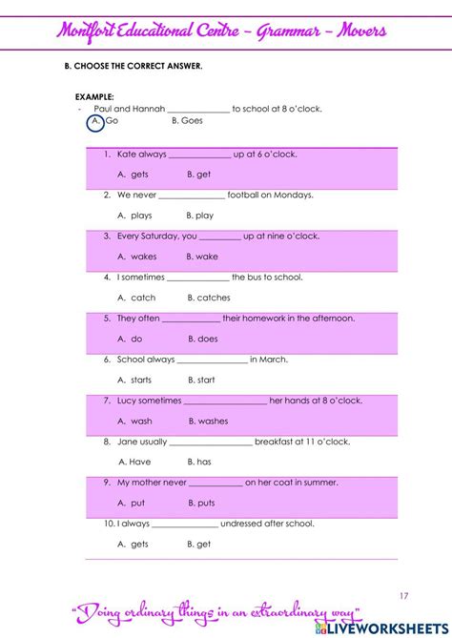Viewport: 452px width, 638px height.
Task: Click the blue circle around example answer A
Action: [x=95, y=122]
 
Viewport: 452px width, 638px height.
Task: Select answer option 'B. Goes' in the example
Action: [x=187, y=121]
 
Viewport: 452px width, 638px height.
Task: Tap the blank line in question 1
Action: [x=199, y=155]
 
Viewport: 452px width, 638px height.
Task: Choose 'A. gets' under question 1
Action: [x=133, y=175]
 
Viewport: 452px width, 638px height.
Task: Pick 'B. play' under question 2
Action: [x=199, y=216]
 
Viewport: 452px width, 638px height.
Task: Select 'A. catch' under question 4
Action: [x=135, y=298]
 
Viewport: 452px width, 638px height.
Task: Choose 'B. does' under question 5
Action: [x=202, y=339]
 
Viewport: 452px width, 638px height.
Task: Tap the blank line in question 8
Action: [x=211, y=442]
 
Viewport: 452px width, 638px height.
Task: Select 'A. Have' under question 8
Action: [x=134, y=462]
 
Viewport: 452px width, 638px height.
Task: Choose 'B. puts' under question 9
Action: [x=201, y=503]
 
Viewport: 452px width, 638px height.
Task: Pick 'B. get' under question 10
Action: [x=198, y=544]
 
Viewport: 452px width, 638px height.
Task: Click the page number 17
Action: [x=404, y=596]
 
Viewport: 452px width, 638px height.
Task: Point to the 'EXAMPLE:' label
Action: [x=94, y=97]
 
